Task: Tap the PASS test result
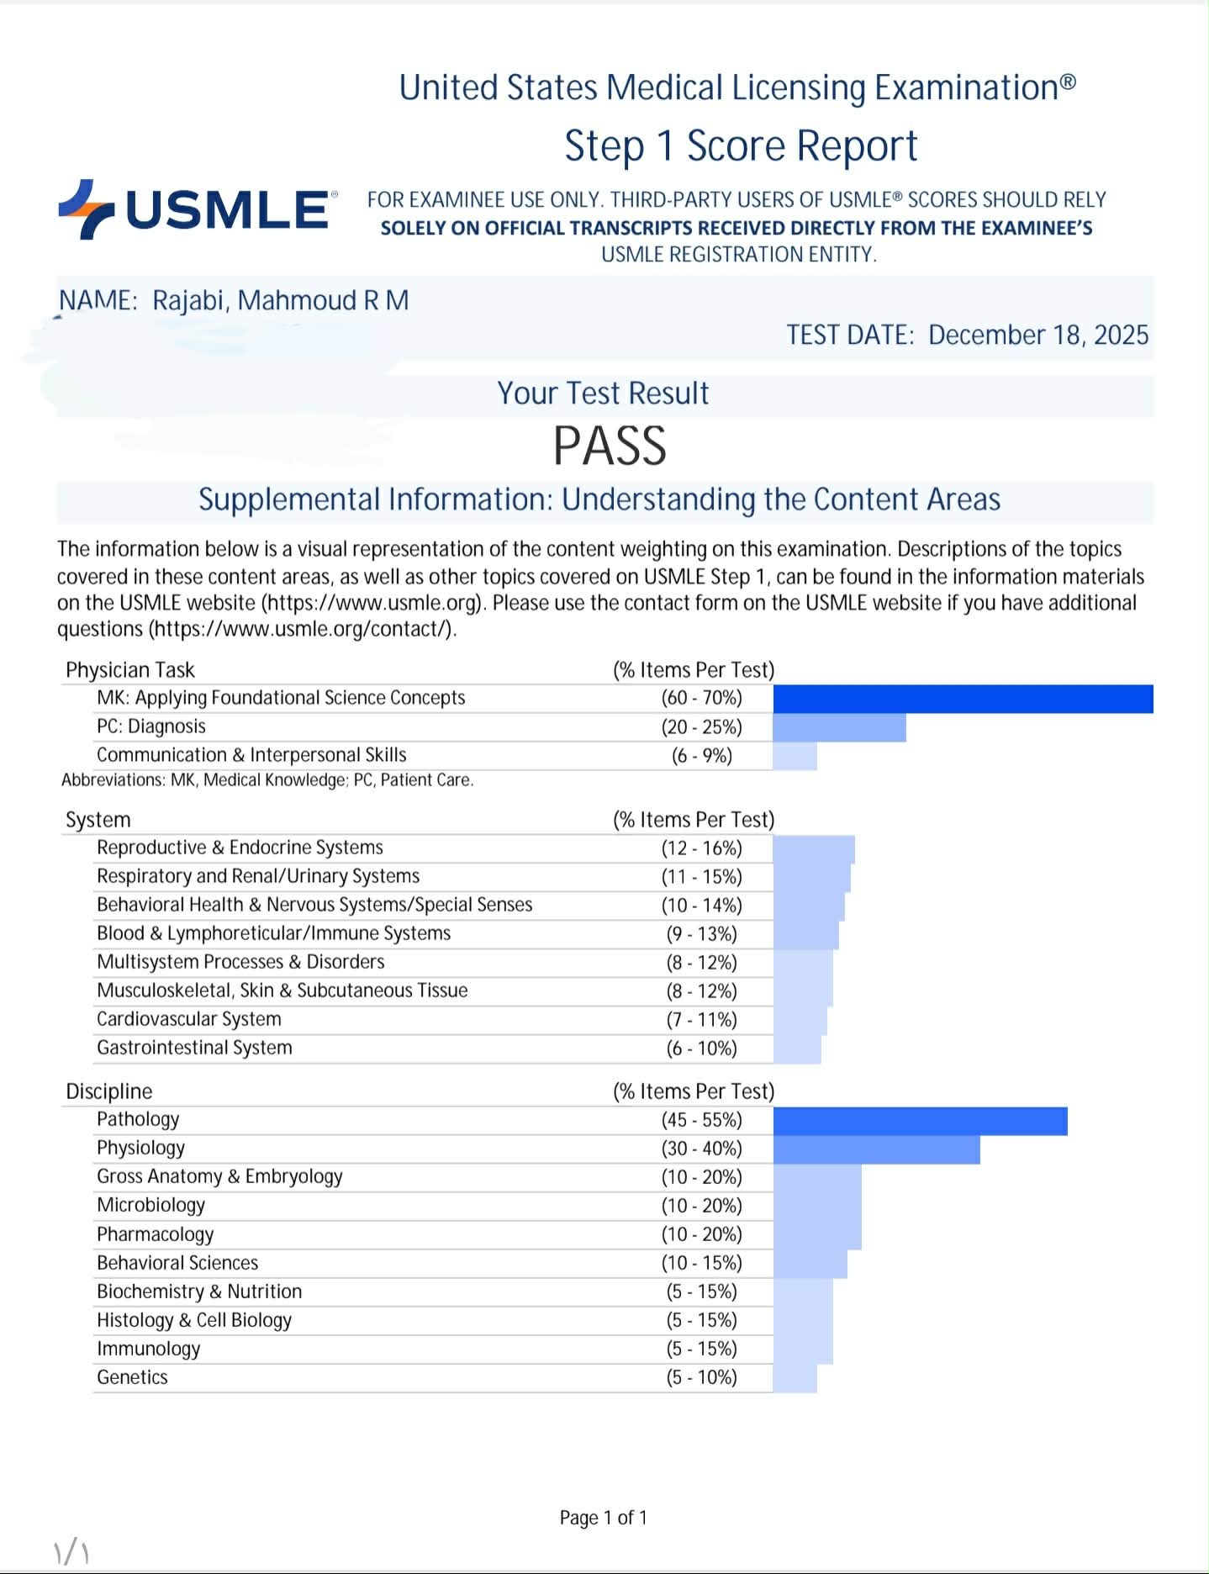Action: (610, 446)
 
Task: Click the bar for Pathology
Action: (920, 1121)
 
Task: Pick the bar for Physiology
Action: (876, 1149)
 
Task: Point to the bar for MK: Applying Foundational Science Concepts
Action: (963, 699)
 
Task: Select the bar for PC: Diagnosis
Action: (839, 727)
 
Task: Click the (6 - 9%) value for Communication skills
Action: (701, 756)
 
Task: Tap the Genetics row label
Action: (132, 1377)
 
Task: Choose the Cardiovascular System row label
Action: (188, 1019)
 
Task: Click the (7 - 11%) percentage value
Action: (701, 1020)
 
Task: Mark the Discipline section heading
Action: (109, 1091)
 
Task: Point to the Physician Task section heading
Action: (130, 670)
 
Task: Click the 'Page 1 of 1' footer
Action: (603, 1518)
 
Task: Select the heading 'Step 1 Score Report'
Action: (740, 146)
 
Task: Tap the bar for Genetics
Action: (795, 1378)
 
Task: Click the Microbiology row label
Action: (150, 1205)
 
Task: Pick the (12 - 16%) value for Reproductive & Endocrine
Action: (701, 848)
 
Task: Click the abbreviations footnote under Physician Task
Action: (267, 780)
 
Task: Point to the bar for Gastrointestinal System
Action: (797, 1048)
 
